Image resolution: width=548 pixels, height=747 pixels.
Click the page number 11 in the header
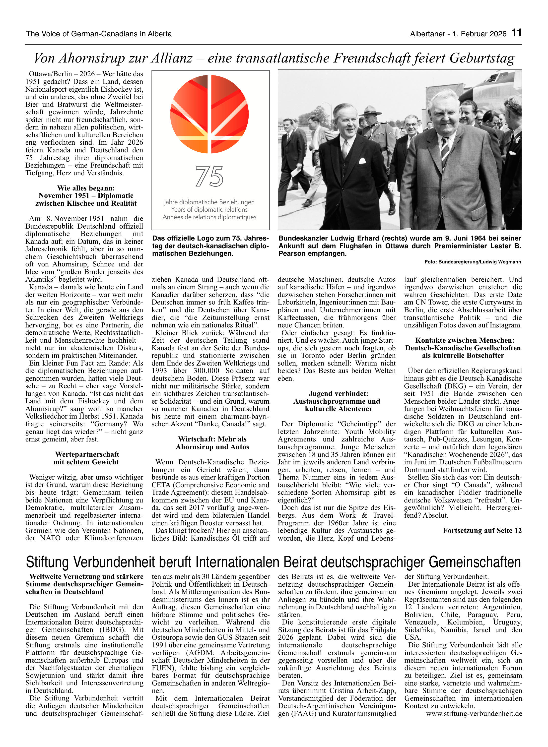point(516,33)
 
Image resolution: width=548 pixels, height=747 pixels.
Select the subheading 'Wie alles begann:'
point(86,188)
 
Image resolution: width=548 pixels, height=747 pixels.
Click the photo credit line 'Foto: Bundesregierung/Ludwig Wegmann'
point(473,262)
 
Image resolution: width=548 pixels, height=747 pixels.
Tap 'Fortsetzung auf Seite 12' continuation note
point(482,530)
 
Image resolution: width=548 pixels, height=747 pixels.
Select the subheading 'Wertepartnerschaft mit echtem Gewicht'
point(86,458)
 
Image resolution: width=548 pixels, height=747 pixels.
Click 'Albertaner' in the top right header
point(428,34)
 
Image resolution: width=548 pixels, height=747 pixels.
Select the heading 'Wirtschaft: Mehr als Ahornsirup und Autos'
point(212,443)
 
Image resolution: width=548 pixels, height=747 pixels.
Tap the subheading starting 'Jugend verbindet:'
point(338,394)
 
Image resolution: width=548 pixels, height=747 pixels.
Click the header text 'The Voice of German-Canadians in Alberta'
point(99,34)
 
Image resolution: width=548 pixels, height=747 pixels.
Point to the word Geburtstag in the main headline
point(482,58)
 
